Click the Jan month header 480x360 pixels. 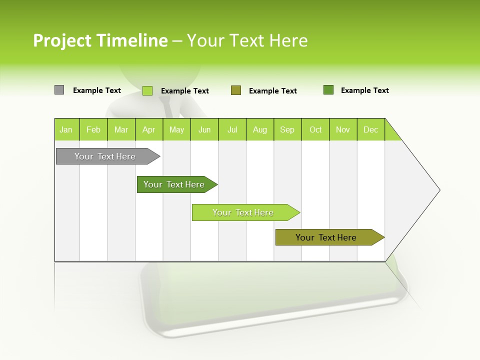tap(66, 129)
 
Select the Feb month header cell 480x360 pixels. tap(93, 129)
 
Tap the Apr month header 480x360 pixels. tap(148, 129)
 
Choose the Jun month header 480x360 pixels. tap(204, 129)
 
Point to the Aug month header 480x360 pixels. tap(259, 129)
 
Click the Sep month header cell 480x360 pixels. tap(287, 129)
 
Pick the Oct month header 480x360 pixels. tap(315, 129)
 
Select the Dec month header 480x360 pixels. tap(370, 129)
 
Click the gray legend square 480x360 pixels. tap(59, 90)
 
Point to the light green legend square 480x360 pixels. tap(147, 90)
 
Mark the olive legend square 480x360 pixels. tap(236, 90)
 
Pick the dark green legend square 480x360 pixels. tap(328, 90)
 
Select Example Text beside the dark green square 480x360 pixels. tap(364, 90)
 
